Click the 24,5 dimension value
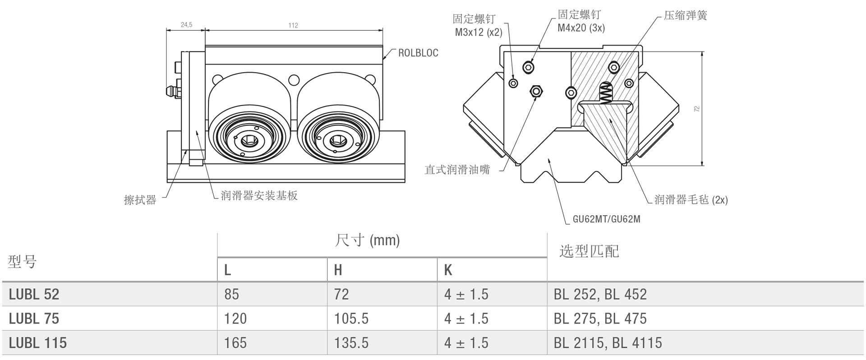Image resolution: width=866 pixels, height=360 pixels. (x=186, y=25)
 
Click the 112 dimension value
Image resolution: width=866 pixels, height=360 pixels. (x=293, y=25)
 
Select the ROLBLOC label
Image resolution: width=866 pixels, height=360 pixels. (x=418, y=53)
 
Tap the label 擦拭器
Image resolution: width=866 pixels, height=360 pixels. (x=140, y=200)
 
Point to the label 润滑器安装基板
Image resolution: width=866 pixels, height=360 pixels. (x=259, y=195)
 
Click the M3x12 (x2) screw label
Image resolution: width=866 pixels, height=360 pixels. (x=478, y=26)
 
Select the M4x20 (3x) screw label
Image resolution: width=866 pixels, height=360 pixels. (x=581, y=21)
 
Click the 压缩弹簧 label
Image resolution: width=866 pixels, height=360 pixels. (x=685, y=15)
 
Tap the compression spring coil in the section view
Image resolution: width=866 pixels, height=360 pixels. (x=606, y=94)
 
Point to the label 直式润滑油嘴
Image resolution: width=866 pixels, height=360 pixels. (x=457, y=170)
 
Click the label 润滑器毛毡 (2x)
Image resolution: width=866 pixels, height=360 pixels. (x=691, y=199)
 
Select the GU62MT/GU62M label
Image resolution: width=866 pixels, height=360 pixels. (x=606, y=219)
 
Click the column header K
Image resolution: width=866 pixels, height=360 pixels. (x=448, y=270)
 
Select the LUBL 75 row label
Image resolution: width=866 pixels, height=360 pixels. (x=34, y=318)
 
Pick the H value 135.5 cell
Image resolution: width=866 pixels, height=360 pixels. (x=351, y=343)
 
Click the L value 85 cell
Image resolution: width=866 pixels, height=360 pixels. (x=231, y=294)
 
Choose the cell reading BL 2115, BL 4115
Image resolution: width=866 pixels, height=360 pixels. (x=608, y=343)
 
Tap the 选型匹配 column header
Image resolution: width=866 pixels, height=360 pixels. (x=589, y=251)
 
